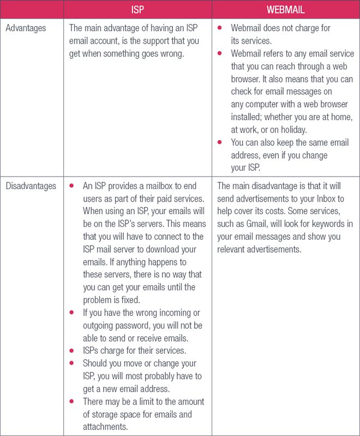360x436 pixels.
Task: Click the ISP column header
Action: click(137, 9)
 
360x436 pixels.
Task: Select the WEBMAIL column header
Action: click(285, 9)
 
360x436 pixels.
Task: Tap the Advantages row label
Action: click(26, 28)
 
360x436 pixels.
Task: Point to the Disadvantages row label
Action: click(31, 186)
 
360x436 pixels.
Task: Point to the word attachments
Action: click(106, 427)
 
